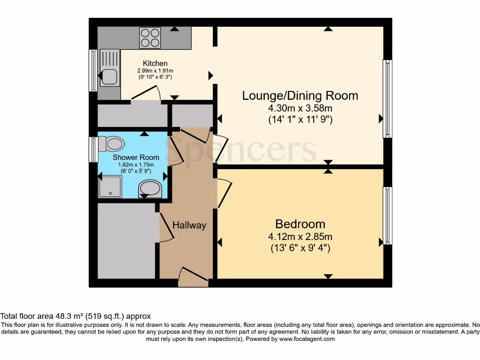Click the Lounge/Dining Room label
[300, 96]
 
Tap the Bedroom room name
[300, 224]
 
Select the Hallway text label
[189, 225]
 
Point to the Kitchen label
[155, 63]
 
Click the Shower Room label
[135, 157]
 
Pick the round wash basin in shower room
[150, 189]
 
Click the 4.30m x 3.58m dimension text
[300, 108]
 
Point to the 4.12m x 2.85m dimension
[300, 237]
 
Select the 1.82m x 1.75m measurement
[135, 165]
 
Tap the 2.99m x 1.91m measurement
[155, 70]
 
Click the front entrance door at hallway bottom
[193, 277]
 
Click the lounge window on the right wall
[387, 98]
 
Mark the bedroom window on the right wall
[387, 216]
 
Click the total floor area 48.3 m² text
[75, 316]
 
